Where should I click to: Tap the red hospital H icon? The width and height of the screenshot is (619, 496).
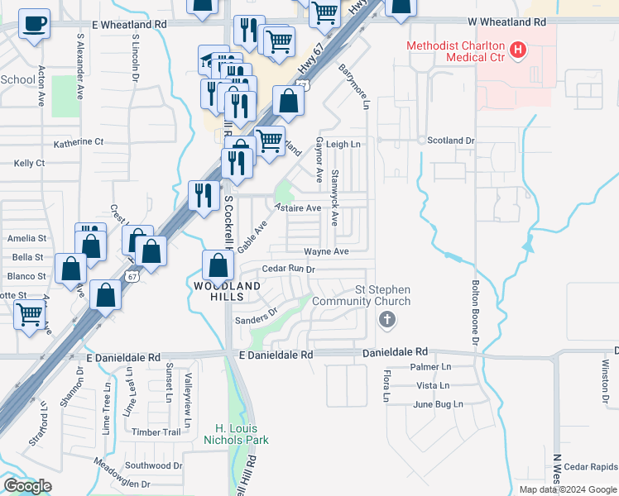pos(518,50)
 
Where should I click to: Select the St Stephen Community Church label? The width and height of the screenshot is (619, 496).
pos(382,295)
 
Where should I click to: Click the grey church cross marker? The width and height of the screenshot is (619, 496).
pos(386,320)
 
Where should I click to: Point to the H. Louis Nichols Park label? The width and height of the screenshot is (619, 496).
pos(237,434)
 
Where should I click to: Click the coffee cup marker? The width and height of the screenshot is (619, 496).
pos(34,23)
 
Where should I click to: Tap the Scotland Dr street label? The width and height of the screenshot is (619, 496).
pos(451,141)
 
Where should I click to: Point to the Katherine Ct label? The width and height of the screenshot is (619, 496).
pos(79,142)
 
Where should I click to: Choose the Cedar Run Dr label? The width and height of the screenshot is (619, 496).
pos(289,269)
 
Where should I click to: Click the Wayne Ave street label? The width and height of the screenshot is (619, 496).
pos(326,251)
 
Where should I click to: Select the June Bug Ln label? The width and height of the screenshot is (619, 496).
pos(432,404)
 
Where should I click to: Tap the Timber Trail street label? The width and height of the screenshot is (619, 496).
pos(156,432)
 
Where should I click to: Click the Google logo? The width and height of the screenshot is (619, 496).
pos(27,486)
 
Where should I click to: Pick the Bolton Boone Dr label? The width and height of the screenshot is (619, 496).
pos(476,310)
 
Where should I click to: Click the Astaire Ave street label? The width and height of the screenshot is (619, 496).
pos(298,208)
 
